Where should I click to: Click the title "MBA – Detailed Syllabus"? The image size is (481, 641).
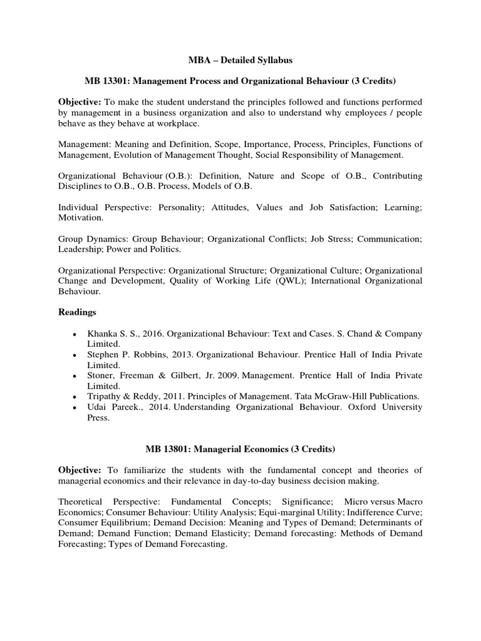240,60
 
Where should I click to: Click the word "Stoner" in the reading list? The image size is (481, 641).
100,376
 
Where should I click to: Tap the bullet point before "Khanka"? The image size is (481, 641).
75,334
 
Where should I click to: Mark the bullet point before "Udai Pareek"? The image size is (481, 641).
75,408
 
